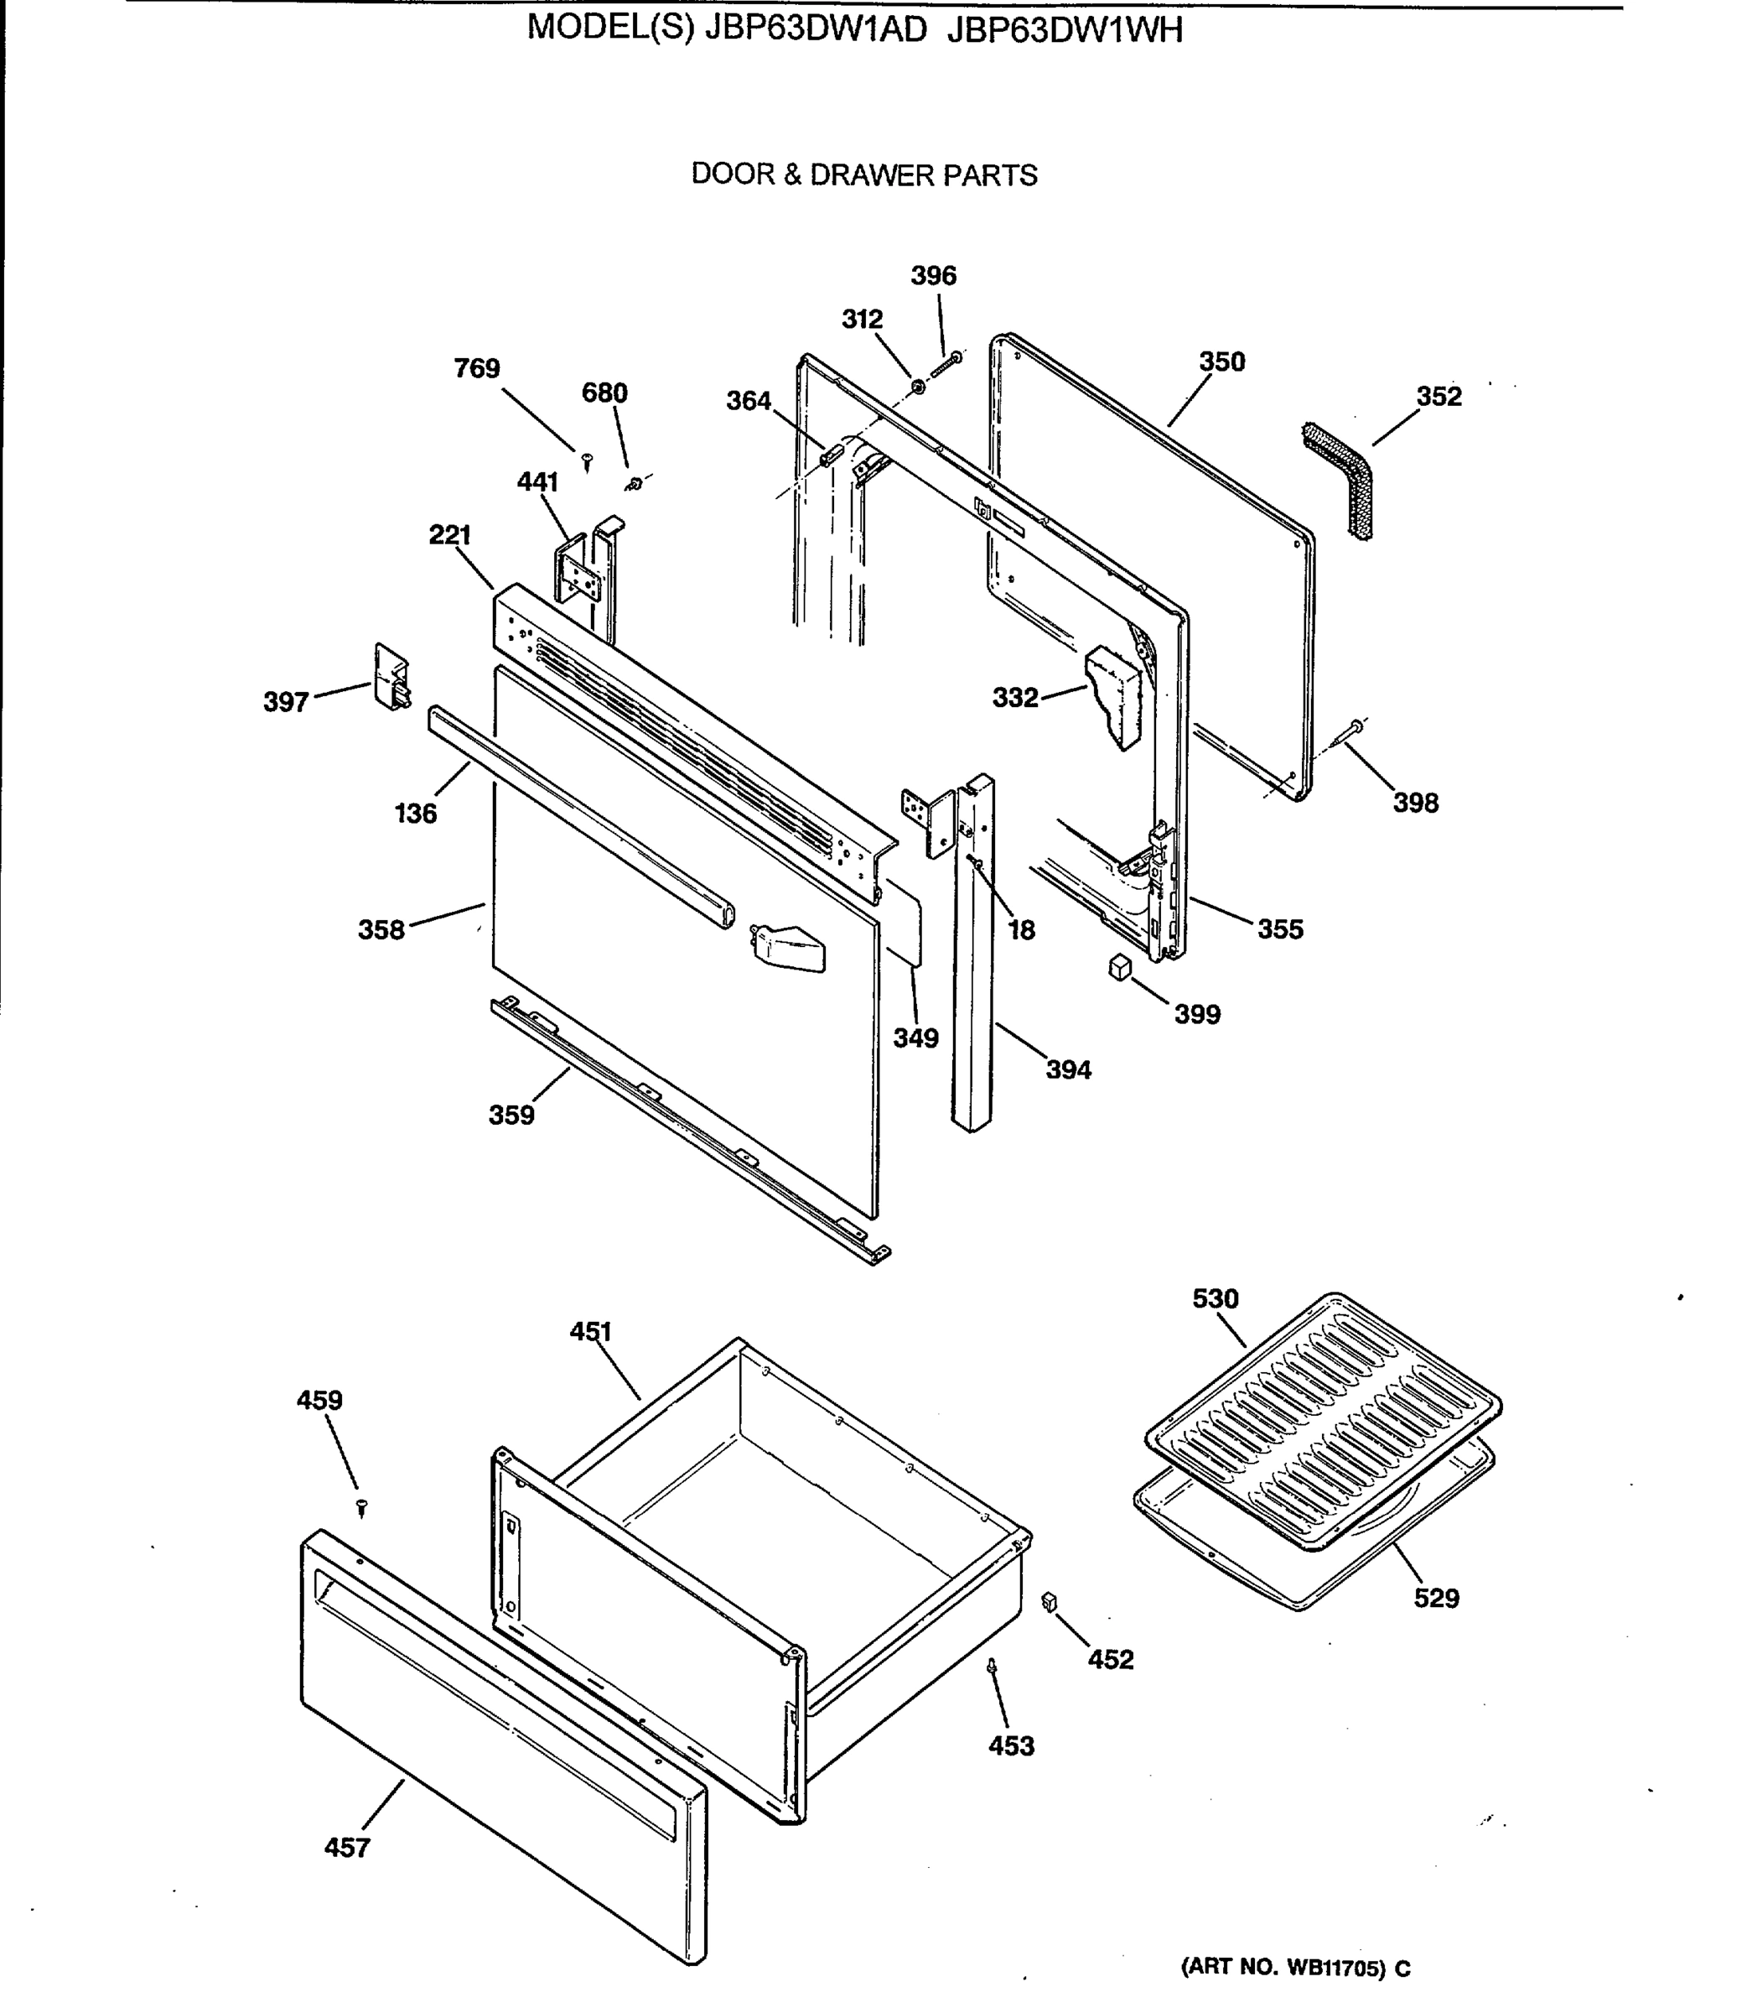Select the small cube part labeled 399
pos(1120,966)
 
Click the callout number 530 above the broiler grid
pos(1215,1298)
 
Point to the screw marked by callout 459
pos(361,1507)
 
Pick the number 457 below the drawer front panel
pos(347,1847)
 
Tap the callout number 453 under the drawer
pos(1011,1745)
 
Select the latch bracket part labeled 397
pos(391,676)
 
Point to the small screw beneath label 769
pos(587,460)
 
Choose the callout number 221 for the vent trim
pos(449,534)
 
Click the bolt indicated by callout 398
pos(1353,726)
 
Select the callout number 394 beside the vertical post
pos(1069,1070)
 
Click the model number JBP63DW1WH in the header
pos(1065,31)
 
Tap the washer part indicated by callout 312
pos(917,388)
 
